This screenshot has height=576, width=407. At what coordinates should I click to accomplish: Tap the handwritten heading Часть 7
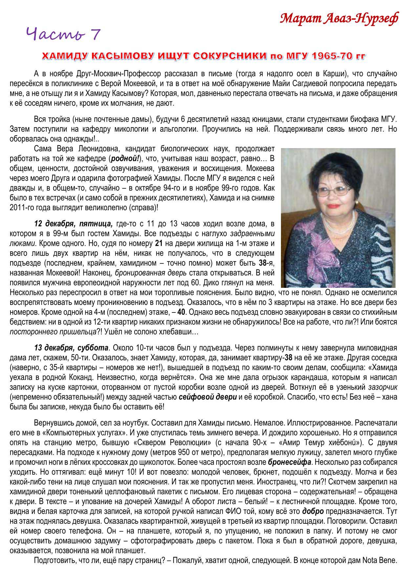click(63, 34)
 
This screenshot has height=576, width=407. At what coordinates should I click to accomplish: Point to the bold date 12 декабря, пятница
click(74, 224)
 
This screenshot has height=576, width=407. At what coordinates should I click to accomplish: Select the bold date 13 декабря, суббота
click(71, 347)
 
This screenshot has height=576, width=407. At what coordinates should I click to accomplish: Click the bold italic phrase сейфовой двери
click(207, 397)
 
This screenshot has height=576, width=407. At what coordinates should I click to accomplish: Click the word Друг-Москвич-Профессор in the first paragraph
click(113, 73)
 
